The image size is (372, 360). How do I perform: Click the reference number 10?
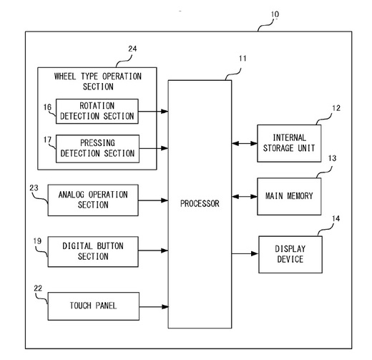tap(275, 14)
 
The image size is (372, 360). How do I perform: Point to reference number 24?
tap(132, 49)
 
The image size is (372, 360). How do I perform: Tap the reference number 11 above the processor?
tap(243, 59)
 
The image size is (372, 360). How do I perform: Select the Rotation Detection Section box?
tap(97, 111)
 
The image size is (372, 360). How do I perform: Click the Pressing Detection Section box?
tap(97, 149)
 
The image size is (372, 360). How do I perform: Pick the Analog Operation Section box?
tap(93, 200)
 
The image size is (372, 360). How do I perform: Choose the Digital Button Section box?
tap(93, 251)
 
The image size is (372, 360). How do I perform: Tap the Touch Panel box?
tap(94, 306)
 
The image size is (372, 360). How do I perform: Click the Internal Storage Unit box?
tap(289, 143)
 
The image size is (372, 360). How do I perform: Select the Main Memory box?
tap(289, 196)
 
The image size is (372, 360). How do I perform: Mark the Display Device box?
tap(290, 254)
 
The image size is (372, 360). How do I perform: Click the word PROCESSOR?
tap(200, 203)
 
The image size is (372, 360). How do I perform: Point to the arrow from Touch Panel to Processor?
tap(154, 307)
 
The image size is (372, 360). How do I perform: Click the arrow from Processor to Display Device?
tap(245, 253)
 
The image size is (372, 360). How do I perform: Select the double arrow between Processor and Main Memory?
tap(245, 197)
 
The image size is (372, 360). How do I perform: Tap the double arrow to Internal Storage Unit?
tap(245, 143)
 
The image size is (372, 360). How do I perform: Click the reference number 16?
tap(47, 107)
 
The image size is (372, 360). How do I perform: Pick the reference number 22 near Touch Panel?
tap(38, 288)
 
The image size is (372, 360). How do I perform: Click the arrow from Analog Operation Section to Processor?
tap(153, 200)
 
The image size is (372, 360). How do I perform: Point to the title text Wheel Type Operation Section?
tap(98, 82)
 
